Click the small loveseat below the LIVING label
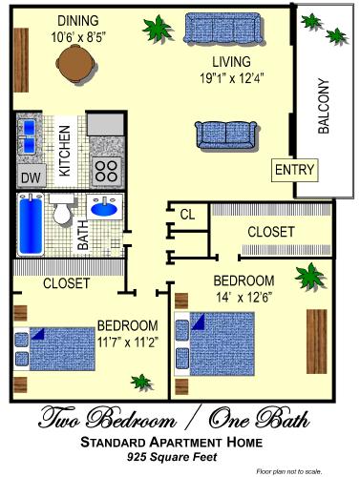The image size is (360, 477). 224,134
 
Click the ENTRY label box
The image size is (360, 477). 293,170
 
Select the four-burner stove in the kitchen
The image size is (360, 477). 107,171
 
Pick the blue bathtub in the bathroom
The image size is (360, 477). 29,223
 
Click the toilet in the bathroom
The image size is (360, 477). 63,211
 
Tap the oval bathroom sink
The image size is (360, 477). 103,207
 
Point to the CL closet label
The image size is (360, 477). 187,215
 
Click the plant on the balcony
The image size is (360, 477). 311,22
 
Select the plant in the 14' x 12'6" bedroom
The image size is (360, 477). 307,279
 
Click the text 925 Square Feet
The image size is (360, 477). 180,458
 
